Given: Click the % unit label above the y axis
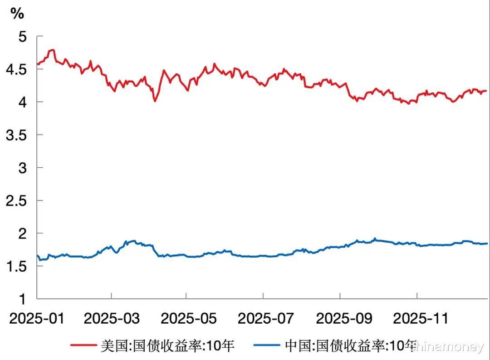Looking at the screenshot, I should (x=17, y=14).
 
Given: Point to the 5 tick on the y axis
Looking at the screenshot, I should (x=22, y=36).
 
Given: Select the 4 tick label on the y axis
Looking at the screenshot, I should (x=22, y=102).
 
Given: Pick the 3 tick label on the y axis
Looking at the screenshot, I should (x=22, y=168).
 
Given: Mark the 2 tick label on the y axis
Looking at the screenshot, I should (x=22, y=234).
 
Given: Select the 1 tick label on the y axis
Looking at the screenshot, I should (x=22, y=299).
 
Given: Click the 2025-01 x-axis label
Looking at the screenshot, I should (x=37, y=318).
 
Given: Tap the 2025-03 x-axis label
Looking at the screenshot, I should (x=112, y=318).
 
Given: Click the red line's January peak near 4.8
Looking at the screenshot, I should (x=53, y=50).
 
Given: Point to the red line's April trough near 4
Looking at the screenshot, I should (x=155, y=100).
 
